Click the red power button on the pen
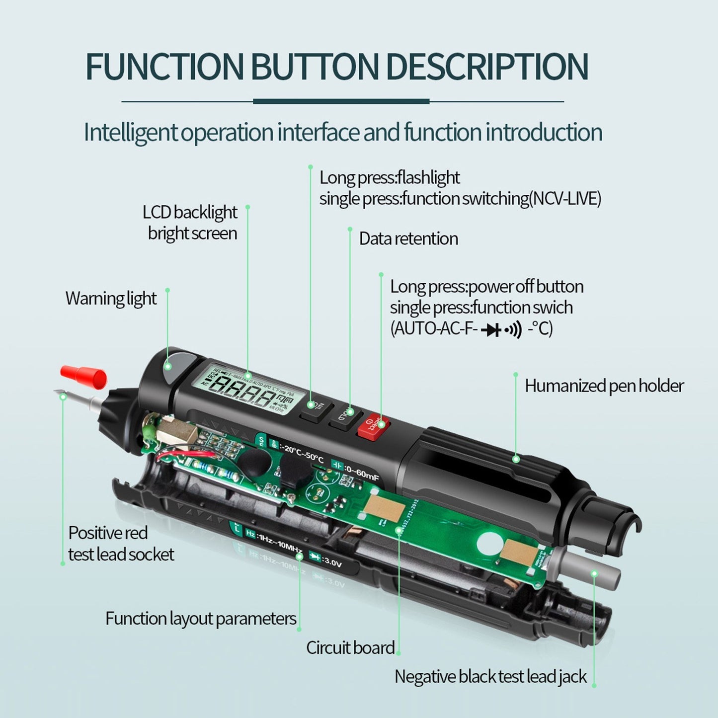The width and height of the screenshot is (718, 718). [x=374, y=425]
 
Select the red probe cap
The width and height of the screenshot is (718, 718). [x=83, y=376]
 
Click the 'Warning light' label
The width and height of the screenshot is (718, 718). [x=111, y=299]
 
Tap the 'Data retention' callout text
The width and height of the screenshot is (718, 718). [x=408, y=239]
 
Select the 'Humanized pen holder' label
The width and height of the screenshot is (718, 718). [x=604, y=386]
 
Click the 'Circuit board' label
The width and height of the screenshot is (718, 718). [x=350, y=648]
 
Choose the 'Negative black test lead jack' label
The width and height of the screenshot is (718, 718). [x=490, y=677]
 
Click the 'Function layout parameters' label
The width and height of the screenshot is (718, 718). [x=200, y=619]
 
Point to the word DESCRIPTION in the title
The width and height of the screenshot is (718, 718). [x=487, y=66]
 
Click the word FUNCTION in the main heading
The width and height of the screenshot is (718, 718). [x=164, y=66]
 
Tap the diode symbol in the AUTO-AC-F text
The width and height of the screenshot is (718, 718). [x=492, y=330]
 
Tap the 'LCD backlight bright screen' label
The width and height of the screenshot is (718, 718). [x=190, y=223]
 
